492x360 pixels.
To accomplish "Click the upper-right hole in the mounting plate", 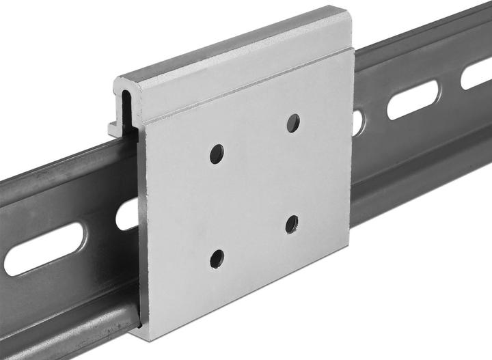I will click(x=292, y=124).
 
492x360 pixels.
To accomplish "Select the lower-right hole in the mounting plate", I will click(x=292, y=223).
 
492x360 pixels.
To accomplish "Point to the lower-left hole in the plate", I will click(x=217, y=258).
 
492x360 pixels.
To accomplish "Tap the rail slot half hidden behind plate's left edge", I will click(x=126, y=216).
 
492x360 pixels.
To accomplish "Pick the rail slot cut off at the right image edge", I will click(x=478, y=75).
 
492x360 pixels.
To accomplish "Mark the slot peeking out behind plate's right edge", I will click(x=357, y=122).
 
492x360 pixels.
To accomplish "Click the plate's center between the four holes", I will click(x=254, y=190).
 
